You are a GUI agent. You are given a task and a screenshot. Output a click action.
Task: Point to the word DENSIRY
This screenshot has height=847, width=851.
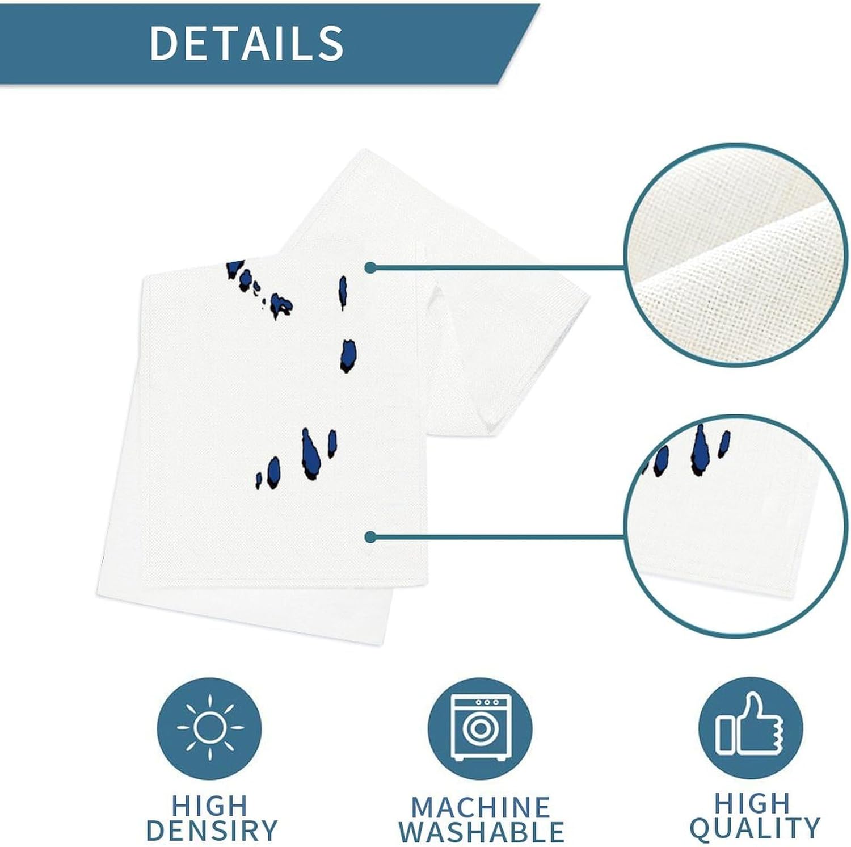211,830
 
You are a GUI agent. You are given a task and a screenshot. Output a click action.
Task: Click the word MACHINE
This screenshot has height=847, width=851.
481,807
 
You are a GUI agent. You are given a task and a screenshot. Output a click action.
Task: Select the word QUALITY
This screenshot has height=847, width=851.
755,828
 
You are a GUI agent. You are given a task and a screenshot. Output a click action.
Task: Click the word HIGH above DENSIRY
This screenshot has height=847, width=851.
210,806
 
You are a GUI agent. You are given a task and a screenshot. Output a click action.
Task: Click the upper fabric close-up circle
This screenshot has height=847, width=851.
730,254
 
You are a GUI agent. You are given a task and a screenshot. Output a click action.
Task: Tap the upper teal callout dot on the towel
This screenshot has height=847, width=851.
370,267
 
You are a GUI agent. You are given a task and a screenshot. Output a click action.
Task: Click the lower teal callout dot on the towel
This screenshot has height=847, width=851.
370,536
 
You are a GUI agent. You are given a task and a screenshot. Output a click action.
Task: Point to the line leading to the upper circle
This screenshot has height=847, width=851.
499,267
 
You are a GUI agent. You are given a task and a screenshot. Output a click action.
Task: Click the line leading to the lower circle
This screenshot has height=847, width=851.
499,536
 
